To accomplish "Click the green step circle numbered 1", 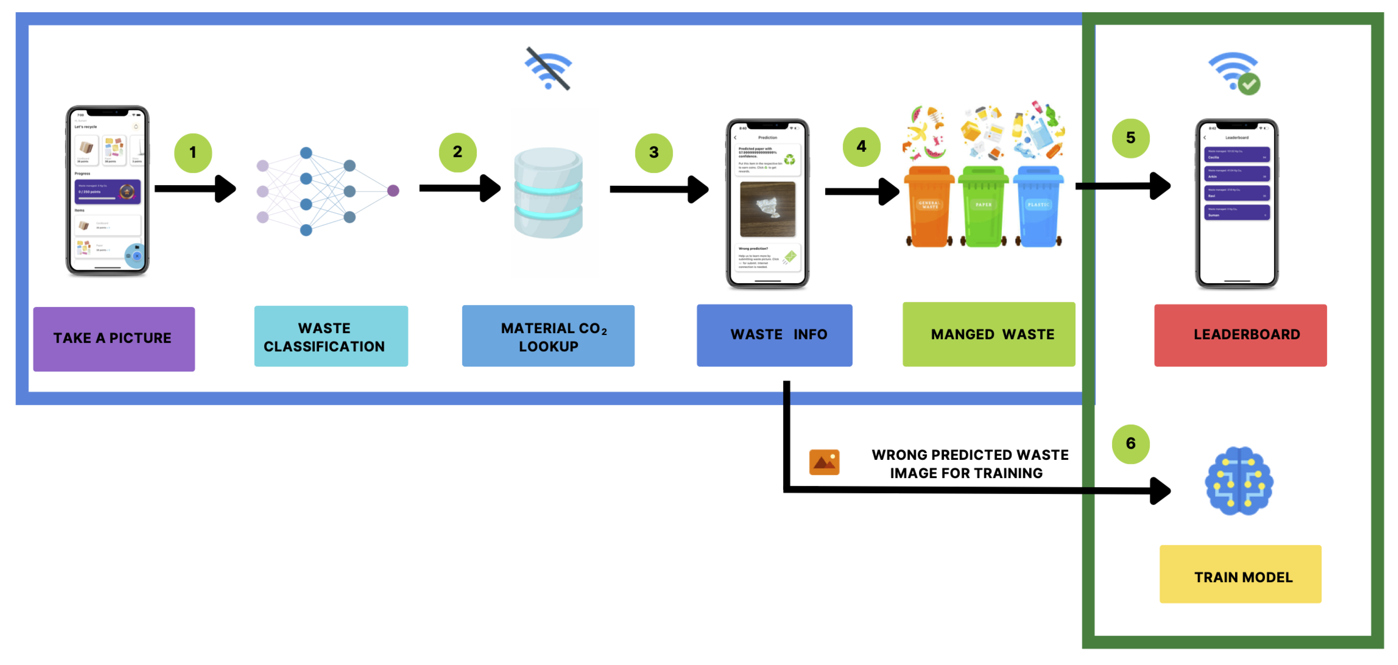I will [x=193, y=153].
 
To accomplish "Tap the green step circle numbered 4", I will [x=861, y=146].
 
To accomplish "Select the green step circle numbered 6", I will [x=1131, y=444].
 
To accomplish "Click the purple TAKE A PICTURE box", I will [x=113, y=339].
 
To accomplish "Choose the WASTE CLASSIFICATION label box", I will [x=331, y=336].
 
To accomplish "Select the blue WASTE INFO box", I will [x=774, y=335].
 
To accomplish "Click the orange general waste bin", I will [x=929, y=206].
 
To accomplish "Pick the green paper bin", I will [x=983, y=206].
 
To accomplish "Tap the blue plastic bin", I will [x=1038, y=206].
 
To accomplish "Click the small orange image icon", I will [x=824, y=462].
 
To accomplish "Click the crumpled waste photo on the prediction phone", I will [x=767, y=209].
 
